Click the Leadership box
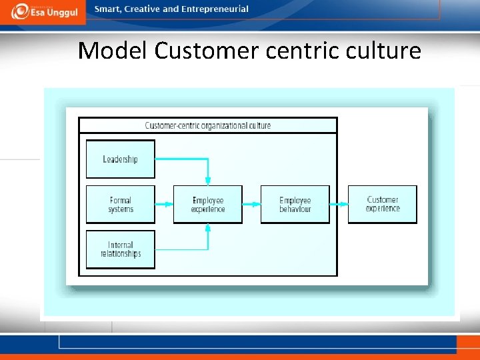pyautogui.click(x=120, y=159)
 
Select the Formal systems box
pyautogui.click(x=120, y=205)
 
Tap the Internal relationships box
pyautogui.click(x=120, y=249)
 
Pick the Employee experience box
pyautogui.click(x=207, y=205)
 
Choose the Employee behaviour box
pyautogui.click(x=295, y=205)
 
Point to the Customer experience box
pyautogui.click(x=383, y=204)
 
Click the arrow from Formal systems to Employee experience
pyautogui.click(x=164, y=205)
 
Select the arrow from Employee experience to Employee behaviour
pyautogui.click(x=251, y=205)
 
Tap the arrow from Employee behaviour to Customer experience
pyautogui.click(x=339, y=205)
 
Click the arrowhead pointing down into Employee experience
pyautogui.click(x=208, y=179)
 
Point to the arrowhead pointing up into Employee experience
pyautogui.click(x=208, y=229)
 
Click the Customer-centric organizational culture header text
pyautogui.click(x=208, y=125)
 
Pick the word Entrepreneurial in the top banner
pyautogui.click(x=215, y=9)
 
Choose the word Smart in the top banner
pyautogui.click(x=107, y=9)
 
